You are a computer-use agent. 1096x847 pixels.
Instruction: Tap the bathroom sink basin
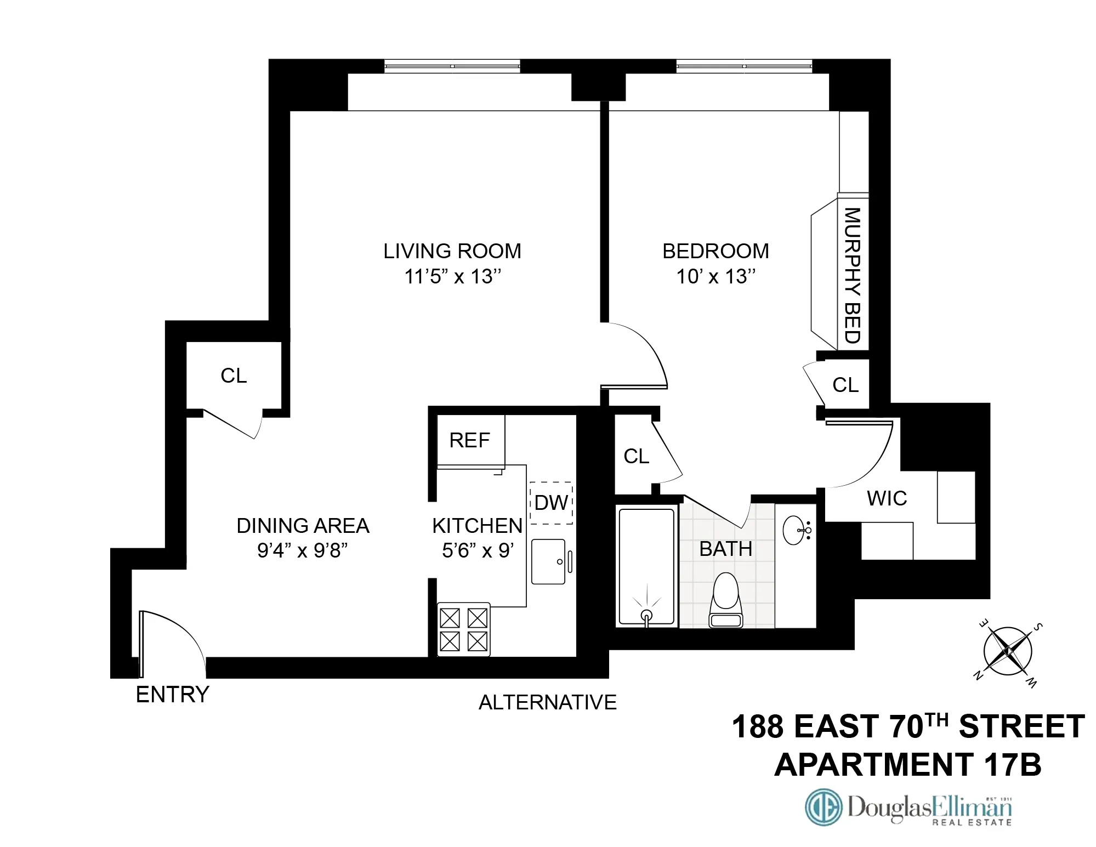click(x=796, y=530)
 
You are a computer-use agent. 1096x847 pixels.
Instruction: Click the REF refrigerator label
click(x=469, y=440)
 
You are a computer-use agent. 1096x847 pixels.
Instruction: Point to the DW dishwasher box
click(x=551, y=503)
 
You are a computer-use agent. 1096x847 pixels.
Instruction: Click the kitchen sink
click(x=548, y=561)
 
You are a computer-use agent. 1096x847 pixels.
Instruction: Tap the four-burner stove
click(x=463, y=629)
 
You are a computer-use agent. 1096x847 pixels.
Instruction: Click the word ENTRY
click(x=172, y=695)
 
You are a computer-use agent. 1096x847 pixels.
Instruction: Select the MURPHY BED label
click(x=852, y=275)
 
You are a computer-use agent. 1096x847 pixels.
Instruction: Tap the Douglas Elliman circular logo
click(x=823, y=806)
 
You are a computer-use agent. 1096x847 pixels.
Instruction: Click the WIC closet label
click(x=887, y=498)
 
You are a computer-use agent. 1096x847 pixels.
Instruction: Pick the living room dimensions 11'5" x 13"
click(x=452, y=276)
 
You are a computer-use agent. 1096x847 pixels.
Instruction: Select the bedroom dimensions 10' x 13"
click(x=715, y=276)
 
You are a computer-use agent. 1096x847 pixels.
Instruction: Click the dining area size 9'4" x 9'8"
click(x=303, y=550)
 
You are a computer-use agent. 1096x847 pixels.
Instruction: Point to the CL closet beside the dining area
click(x=234, y=376)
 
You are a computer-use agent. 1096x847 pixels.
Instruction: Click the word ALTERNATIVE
click(x=547, y=702)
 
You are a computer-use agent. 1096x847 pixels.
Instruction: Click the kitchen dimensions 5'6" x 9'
click(x=478, y=550)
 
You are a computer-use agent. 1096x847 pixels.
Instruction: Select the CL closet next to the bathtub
click(x=636, y=456)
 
